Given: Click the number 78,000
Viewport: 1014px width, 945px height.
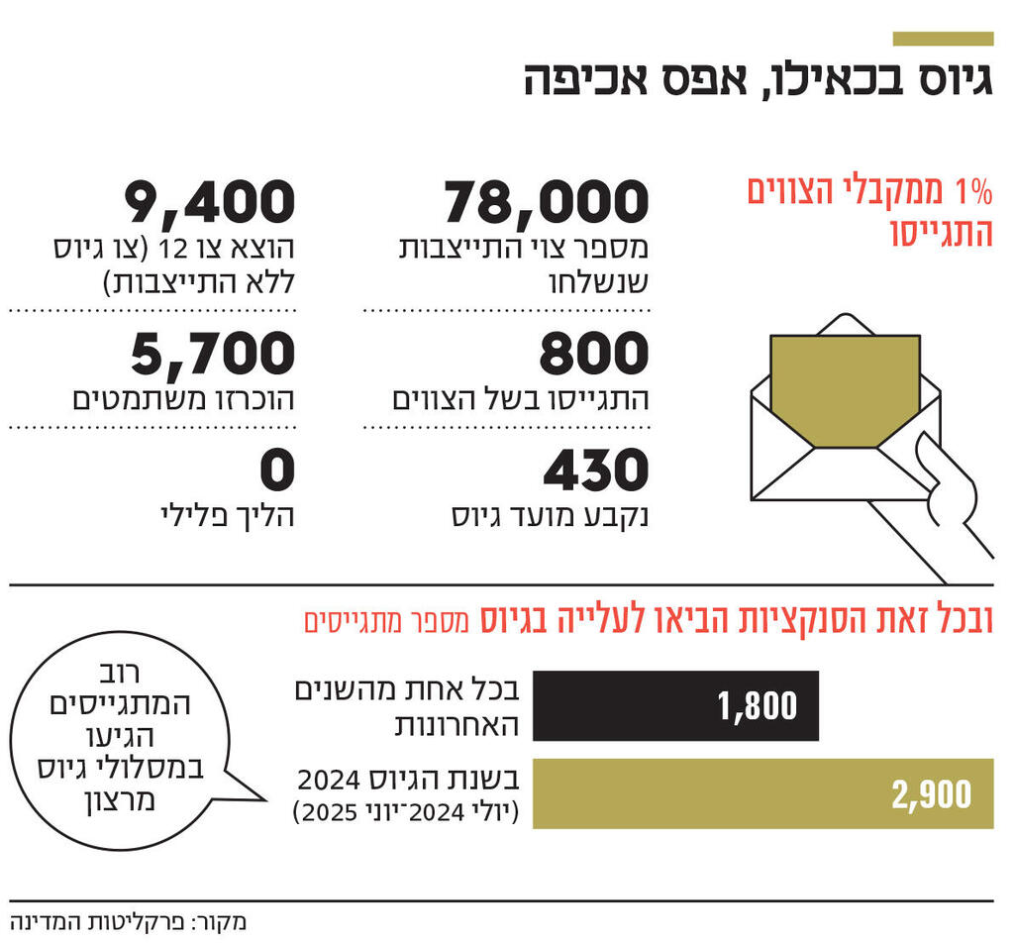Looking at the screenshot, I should click(x=546, y=203).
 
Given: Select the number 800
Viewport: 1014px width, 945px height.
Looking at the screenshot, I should click(x=594, y=355).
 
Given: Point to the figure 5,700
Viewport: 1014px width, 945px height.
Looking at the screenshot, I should click(x=213, y=355).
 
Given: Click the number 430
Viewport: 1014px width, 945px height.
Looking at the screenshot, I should click(x=595, y=472).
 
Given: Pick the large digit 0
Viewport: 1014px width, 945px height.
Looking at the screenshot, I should click(x=278, y=472).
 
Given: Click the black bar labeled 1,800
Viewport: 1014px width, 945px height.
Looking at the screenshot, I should click(x=675, y=705).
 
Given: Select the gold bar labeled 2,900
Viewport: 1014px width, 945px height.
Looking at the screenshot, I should click(x=762, y=793).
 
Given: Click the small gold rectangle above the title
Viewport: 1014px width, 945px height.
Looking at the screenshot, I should click(x=943, y=39).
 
